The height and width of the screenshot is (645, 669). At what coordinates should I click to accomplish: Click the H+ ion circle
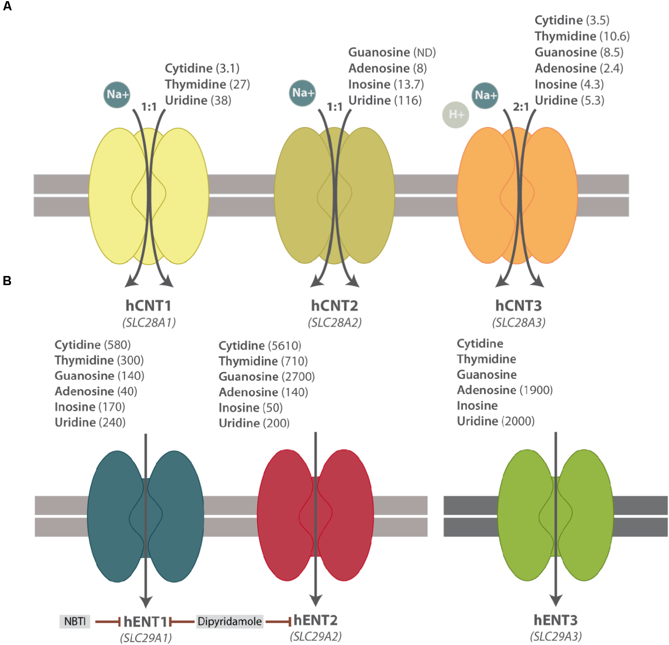pyautogui.click(x=455, y=115)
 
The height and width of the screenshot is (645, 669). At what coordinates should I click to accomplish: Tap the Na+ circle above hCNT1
pyautogui.click(x=117, y=95)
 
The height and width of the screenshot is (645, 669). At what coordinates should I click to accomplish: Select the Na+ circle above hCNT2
pyautogui.click(x=302, y=93)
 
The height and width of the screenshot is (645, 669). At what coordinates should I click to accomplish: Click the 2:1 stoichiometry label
pyautogui.click(x=521, y=107)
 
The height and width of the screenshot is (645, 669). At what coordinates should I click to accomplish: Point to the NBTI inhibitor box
pyautogui.click(x=75, y=621)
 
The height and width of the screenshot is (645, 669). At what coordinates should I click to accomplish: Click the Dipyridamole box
pyautogui.click(x=230, y=621)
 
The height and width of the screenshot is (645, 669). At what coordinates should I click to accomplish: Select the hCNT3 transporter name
pyautogui.click(x=518, y=306)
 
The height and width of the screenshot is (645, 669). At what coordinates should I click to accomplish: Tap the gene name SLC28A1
pyautogui.click(x=149, y=323)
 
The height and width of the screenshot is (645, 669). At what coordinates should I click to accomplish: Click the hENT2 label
pyautogui.click(x=315, y=620)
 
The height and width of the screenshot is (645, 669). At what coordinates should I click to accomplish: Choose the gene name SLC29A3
pyautogui.click(x=556, y=636)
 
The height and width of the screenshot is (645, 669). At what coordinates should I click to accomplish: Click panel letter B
pyautogui.click(x=7, y=281)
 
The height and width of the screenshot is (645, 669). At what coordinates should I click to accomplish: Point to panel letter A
pyautogui.click(x=7, y=6)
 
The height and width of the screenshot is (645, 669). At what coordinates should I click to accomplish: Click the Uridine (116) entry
pyautogui.click(x=385, y=100)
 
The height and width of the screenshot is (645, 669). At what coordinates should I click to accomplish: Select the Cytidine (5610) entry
pyautogui.click(x=260, y=346)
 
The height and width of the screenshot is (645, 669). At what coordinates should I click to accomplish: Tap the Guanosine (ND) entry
pyautogui.click(x=392, y=52)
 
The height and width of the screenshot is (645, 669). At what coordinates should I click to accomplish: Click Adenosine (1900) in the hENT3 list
pyautogui.click(x=505, y=390)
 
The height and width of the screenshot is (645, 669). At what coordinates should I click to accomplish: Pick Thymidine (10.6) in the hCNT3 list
pyautogui.click(x=582, y=36)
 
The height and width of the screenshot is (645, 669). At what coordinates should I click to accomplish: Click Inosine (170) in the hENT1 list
pyautogui.click(x=90, y=407)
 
